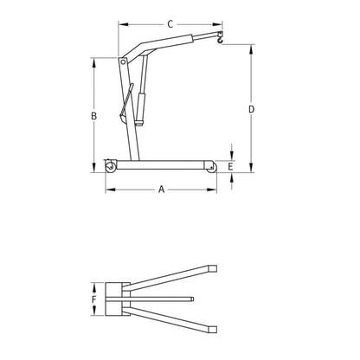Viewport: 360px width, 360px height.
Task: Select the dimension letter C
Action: pyautogui.click(x=169, y=25)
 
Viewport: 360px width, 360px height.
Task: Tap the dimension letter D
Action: pyautogui.click(x=251, y=109)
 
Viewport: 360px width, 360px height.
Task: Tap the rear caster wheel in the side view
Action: pyautogui.click(x=111, y=165)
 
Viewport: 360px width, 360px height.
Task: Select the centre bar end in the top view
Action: pyautogui.click(x=192, y=299)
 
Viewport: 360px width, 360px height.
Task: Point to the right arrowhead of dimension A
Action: pyautogui.click(x=215, y=188)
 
